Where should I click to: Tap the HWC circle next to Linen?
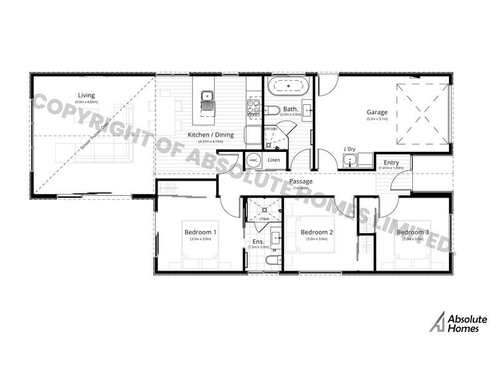[x=253, y=161]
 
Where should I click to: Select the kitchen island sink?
[x=207, y=97]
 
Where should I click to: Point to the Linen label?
[x=273, y=161]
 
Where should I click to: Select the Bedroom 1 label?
[x=200, y=233]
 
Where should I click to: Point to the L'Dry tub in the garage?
[x=352, y=162]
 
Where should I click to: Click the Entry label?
[x=391, y=162]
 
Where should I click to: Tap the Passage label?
[x=301, y=181]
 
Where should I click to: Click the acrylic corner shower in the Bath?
[x=275, y=136]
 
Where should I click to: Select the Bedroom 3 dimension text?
[x=415, y=239]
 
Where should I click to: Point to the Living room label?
[x=86, y=96]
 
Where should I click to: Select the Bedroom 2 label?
[x=317, y=233]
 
